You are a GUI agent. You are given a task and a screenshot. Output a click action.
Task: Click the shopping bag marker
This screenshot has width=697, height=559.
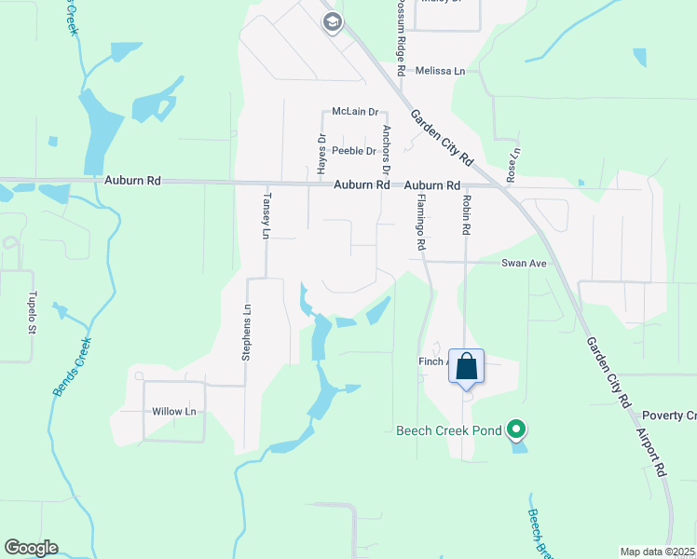[x=467, y=367]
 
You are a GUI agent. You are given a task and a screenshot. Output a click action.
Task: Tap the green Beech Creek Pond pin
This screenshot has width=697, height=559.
[x=515, y=430]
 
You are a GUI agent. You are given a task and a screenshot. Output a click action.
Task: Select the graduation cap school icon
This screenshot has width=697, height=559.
[x=333, y=23]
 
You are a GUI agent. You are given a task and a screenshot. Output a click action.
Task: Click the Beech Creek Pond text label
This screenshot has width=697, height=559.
[x=449, y=430]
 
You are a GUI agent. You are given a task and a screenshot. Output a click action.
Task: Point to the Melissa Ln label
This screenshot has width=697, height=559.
[x=440, y=71]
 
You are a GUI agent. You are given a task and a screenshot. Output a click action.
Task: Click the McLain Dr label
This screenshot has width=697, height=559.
[x=354, y=112]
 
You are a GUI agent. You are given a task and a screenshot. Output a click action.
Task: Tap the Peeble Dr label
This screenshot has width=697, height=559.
[x=354, y=151]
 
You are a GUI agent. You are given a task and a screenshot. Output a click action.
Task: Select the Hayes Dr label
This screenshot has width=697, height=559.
[x=321, y=155]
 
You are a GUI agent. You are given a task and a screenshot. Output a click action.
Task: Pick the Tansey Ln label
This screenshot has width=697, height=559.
[x=266, y=213]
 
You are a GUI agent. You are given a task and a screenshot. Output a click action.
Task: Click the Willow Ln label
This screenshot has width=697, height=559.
[x=174, y=411]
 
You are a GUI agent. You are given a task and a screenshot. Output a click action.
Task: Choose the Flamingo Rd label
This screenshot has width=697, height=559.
[x=421, y=227]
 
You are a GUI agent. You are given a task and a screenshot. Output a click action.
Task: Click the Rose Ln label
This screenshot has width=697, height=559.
[x=512, y=165]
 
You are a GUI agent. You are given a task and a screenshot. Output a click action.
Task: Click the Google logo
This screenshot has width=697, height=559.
[x=31, y=548]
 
